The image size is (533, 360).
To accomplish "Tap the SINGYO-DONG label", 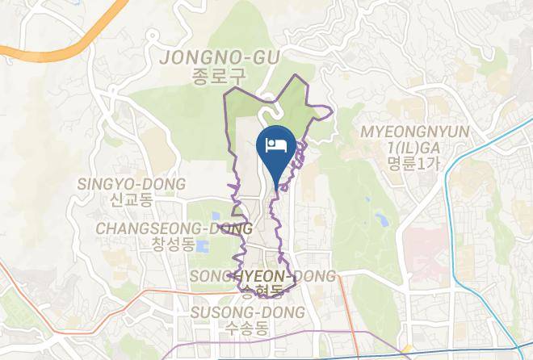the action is (x=131, y=184).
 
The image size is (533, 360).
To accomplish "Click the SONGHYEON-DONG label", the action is (x=262, y=277).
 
